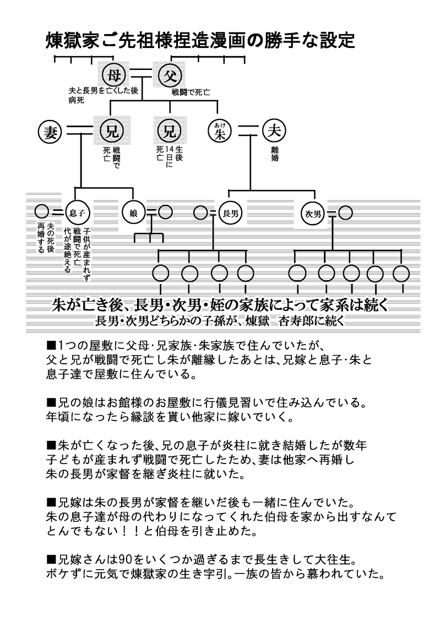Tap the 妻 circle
click(51, 131)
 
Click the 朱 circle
click(220, 131)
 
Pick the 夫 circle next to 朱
click(274, 131)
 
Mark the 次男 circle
click(313, 212)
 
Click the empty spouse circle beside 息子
click(41, 211)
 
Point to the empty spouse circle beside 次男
click(346, 212)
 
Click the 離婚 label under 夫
click(274, 154)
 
